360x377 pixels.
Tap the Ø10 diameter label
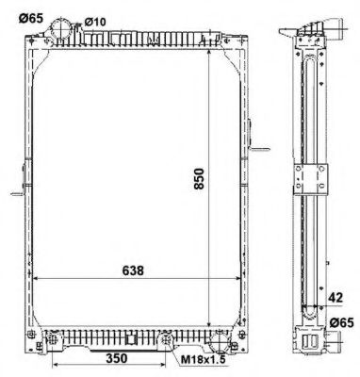coord(95,22)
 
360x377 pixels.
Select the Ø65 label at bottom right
coord(343,321)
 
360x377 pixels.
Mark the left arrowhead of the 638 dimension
coord(36,279)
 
